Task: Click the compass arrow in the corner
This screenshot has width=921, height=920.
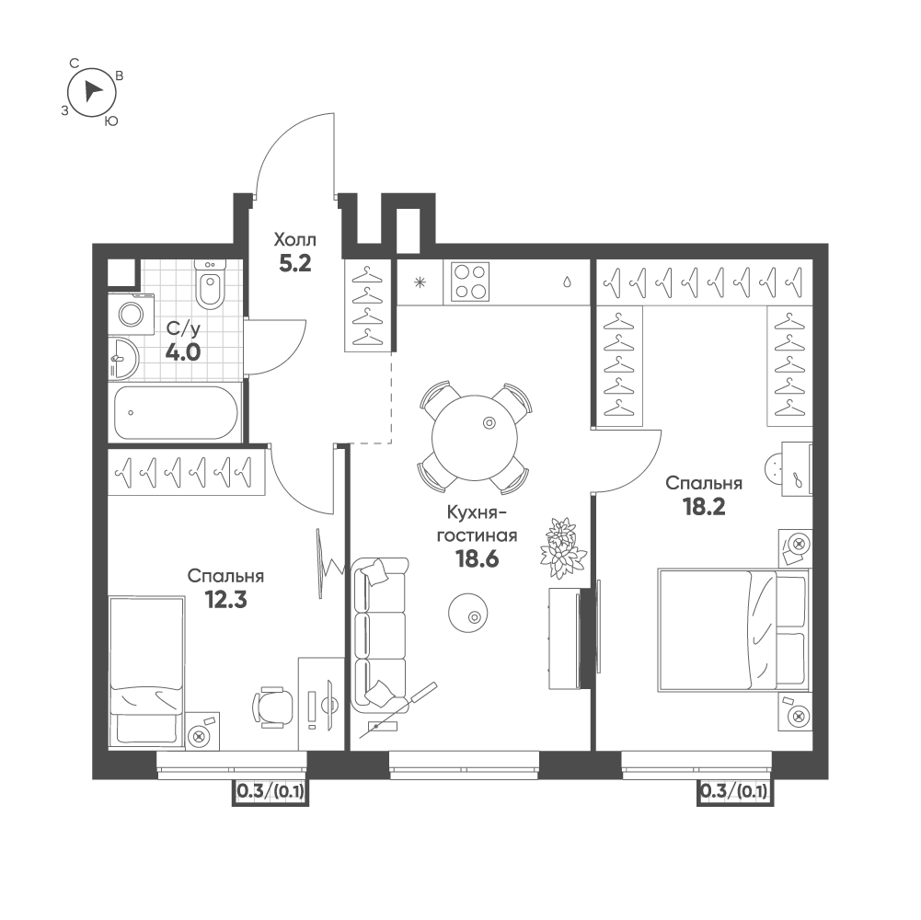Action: (93, 90)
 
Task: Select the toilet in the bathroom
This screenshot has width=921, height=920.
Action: (210, 288)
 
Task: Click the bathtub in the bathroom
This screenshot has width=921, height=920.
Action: (177, 412)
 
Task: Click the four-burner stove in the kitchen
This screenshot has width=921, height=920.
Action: (470, 282)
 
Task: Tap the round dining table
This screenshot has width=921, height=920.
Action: (474, 435)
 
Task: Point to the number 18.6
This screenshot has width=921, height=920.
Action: (478, 559)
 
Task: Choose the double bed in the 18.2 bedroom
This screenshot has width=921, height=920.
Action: (732, 630)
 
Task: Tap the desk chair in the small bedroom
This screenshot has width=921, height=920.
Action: (274, 707)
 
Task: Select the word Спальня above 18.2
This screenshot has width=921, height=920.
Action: (704, 483)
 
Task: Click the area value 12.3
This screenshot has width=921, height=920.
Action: (225, 601)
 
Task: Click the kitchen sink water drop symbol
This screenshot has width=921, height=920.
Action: (569, 282)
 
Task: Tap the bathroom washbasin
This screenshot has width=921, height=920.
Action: (122, 358)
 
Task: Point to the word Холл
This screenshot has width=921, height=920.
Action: (295, 239)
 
